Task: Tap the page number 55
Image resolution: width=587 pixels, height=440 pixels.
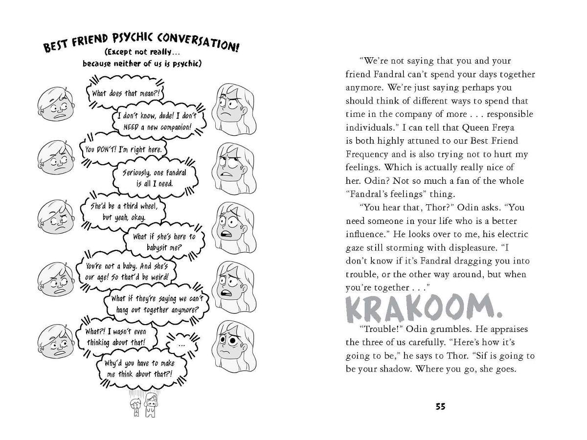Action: coord(440,406)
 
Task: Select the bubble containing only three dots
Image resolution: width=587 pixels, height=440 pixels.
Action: coord(182,344)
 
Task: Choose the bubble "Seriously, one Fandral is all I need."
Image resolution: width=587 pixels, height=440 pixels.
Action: coord(155,178)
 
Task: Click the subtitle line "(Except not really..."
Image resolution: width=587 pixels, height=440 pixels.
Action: coord(142,52)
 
